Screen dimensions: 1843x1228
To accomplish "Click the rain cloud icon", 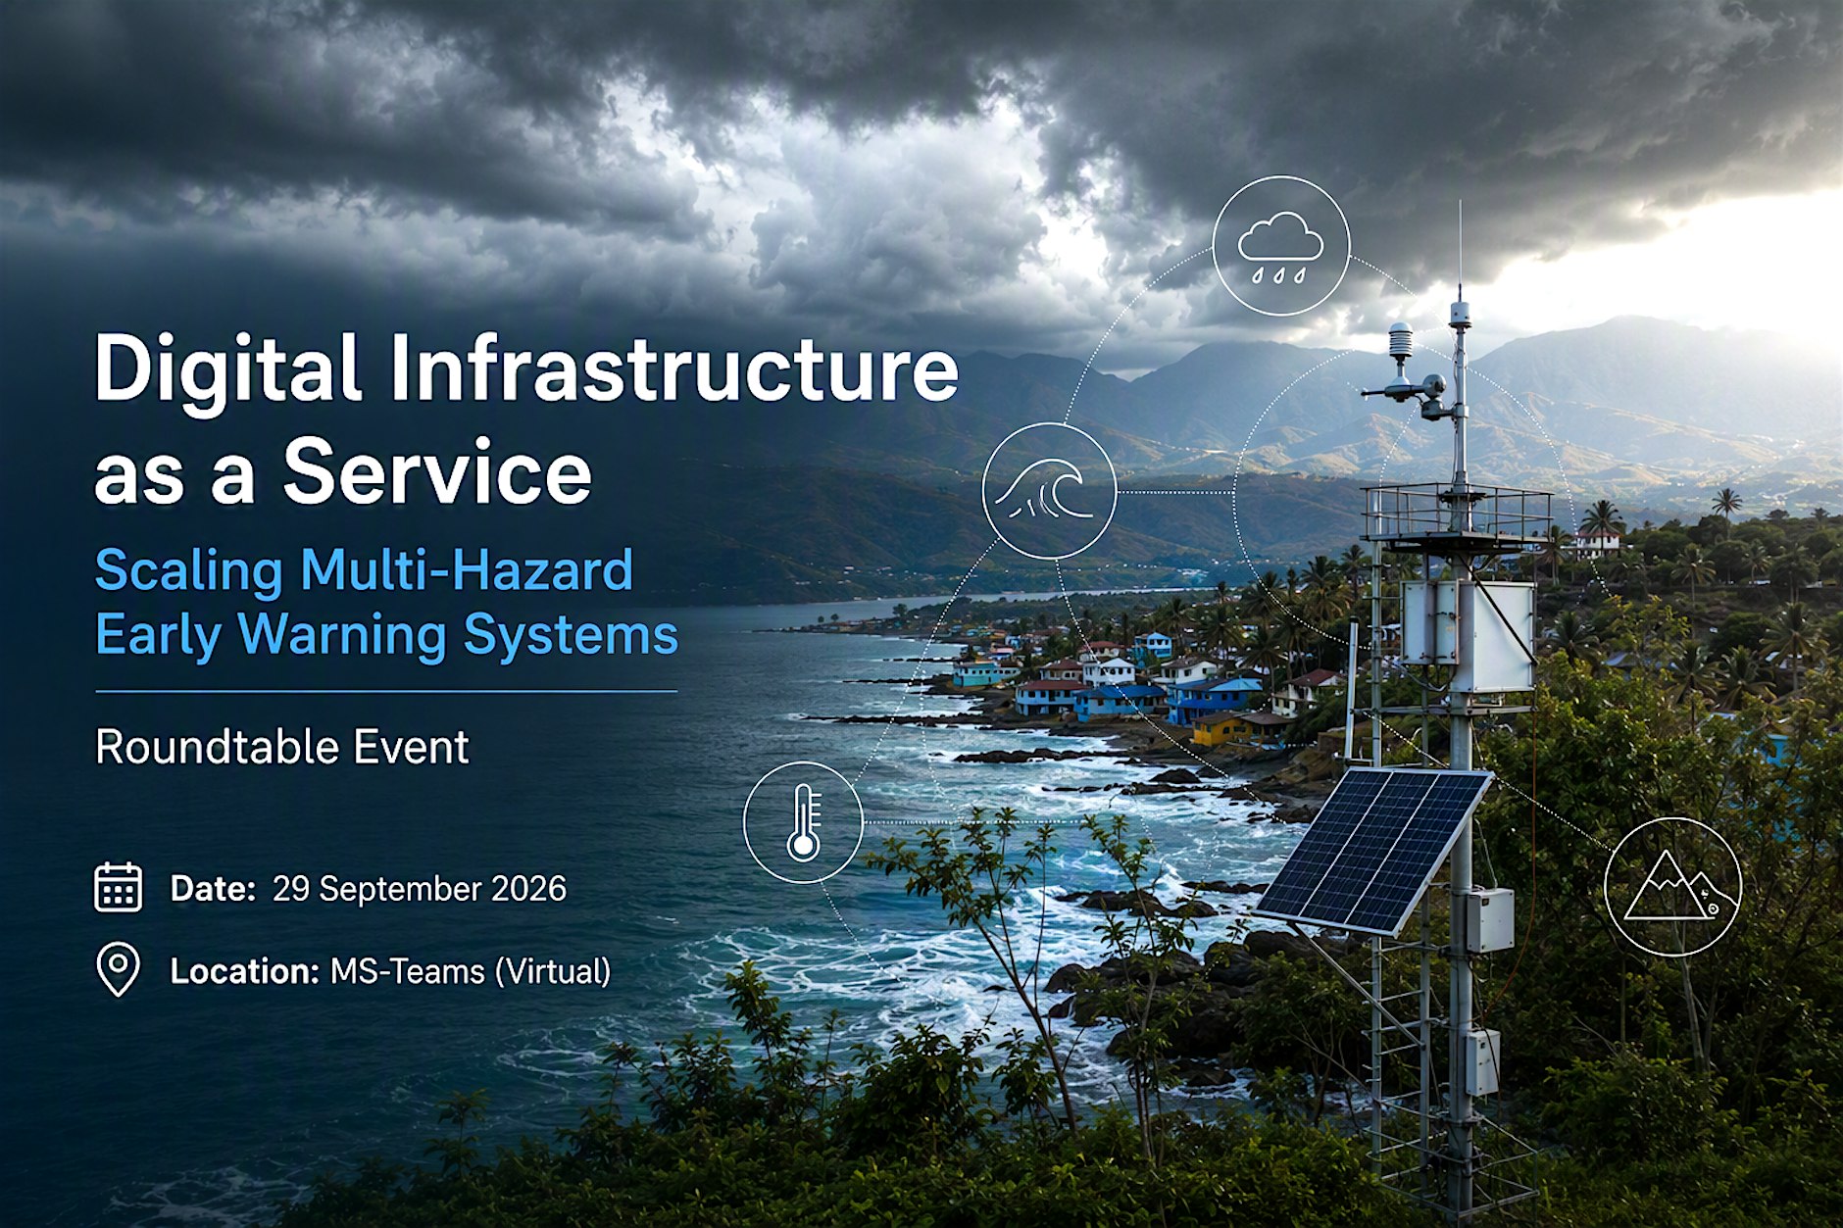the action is click(1280, 246).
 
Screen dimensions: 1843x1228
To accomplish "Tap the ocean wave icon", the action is click(1049, 491).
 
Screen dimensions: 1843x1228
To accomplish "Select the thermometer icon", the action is click(804, 822).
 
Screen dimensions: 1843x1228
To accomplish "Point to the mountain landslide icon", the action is click(1672, 887).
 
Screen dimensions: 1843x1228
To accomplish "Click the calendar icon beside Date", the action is click(119, 887).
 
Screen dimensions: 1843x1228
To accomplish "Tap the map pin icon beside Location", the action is click(119, 970).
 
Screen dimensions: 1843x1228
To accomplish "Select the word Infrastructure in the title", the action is click(674, 368).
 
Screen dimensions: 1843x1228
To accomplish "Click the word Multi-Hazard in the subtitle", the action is click(467, 570).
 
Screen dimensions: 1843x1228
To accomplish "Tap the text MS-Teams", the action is click(408, 971).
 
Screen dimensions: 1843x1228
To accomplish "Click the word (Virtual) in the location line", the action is click(553, 971).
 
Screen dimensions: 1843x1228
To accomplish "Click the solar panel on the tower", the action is click(1373, 849).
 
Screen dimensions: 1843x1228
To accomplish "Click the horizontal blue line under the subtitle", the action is click(386, 691).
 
